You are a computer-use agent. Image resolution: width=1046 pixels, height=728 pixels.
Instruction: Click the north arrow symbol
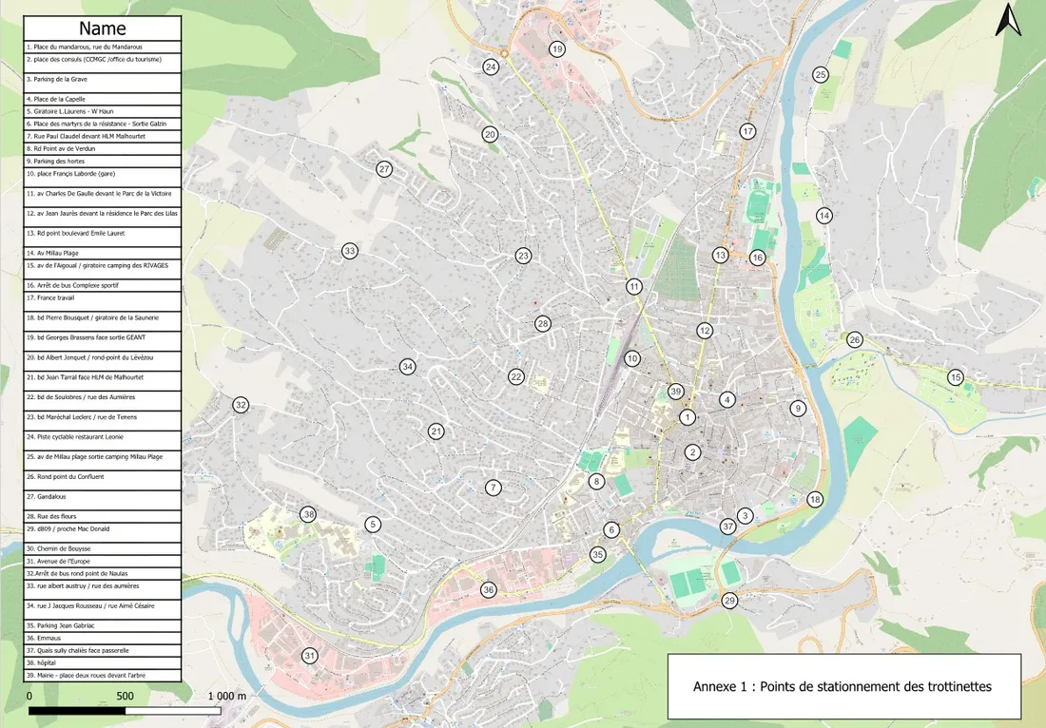point(1007,20)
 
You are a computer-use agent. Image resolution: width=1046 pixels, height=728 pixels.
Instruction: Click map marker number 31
point(310,656)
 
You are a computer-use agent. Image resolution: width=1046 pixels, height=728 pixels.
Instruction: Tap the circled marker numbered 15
point(956,378)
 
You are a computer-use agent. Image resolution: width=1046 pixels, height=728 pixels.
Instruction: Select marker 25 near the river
point(821,74)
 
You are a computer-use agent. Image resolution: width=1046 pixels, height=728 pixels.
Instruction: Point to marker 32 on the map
point(241,405)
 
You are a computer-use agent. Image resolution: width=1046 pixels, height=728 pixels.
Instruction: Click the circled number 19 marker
point(557,49)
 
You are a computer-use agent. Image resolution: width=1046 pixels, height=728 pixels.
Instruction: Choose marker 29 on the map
point(729,601)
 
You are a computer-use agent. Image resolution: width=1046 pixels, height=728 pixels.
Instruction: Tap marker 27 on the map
point(384,169)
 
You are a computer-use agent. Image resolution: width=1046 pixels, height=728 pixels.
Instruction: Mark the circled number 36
point(489,590)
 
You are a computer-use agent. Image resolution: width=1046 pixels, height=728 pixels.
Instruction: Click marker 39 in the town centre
point(676,392)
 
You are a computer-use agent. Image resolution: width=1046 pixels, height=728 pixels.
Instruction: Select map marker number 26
point(855,340)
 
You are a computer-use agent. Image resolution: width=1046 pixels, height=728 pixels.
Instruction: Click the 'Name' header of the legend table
point(102,29)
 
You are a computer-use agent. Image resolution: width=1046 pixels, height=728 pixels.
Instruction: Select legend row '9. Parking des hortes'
point(102,162)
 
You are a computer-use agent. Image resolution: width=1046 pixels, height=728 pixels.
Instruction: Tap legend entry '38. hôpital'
point(102,662)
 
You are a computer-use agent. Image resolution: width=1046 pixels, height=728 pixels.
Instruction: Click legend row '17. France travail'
point(102,297)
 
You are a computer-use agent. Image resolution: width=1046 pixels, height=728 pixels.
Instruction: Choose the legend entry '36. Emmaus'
point(102,638)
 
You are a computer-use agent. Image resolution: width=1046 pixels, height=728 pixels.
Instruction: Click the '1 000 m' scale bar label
point(226,696)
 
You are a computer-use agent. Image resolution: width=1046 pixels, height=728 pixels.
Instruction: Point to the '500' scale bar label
point(125,696)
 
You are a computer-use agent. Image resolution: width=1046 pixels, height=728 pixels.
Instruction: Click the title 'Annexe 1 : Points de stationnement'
point(843,686)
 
